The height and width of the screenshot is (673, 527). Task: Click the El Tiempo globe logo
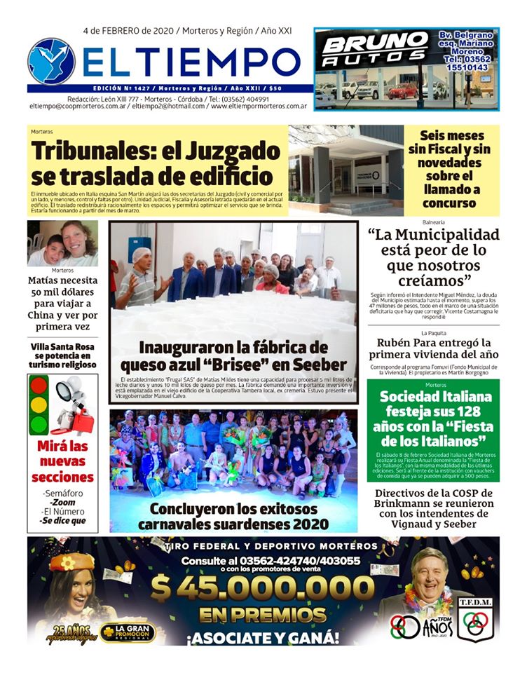pyautogui.click(x=51, y=62)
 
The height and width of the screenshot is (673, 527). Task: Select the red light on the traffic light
pyautogui.click(x=39, y=385)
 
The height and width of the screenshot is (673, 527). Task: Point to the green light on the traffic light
pyautogui.click(x=39, y=424)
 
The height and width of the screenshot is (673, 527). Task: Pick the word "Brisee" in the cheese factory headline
pyautogui.click(x=278, y=365)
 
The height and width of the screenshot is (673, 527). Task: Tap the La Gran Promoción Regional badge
pyautogui.click(x=128, y=633)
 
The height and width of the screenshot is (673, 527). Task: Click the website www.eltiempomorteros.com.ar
pyautogui.click(x=259, y=106)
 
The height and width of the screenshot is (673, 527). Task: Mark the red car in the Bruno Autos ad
pyautogui.click(x=403, y=90)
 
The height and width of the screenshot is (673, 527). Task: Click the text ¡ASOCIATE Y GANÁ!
pyautogui.click(x=263, y=638)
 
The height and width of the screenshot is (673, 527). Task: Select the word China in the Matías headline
pyautogui.click(x=46, y=315)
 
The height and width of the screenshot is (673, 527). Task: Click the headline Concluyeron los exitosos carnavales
pyautogui.click(x=233, y=516)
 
